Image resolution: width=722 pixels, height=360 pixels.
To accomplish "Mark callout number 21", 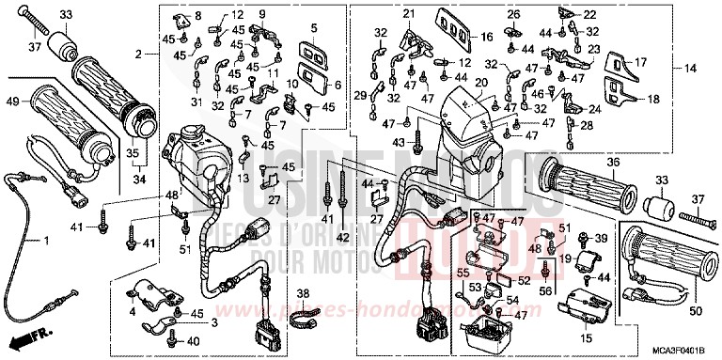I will [x=408, y=13].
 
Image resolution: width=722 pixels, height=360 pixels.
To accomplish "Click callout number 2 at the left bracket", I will [x=140, y=55].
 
